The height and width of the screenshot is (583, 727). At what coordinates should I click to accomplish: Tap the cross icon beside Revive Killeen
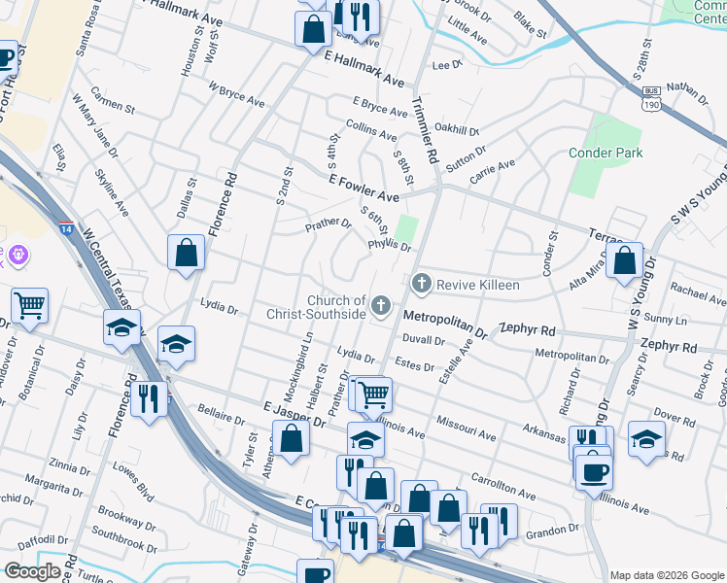(x=421, y=284)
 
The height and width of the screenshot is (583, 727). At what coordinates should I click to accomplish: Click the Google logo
(x=33, y=571)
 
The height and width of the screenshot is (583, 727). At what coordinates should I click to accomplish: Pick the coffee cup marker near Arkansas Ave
(x=594, y=472)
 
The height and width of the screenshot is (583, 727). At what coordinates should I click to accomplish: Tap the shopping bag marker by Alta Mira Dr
(x=626, y=260)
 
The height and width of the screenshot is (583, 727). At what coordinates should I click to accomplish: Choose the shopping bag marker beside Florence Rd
(x=186, y=254)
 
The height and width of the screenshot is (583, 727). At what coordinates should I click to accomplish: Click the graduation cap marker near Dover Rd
(x=646, y=438)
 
